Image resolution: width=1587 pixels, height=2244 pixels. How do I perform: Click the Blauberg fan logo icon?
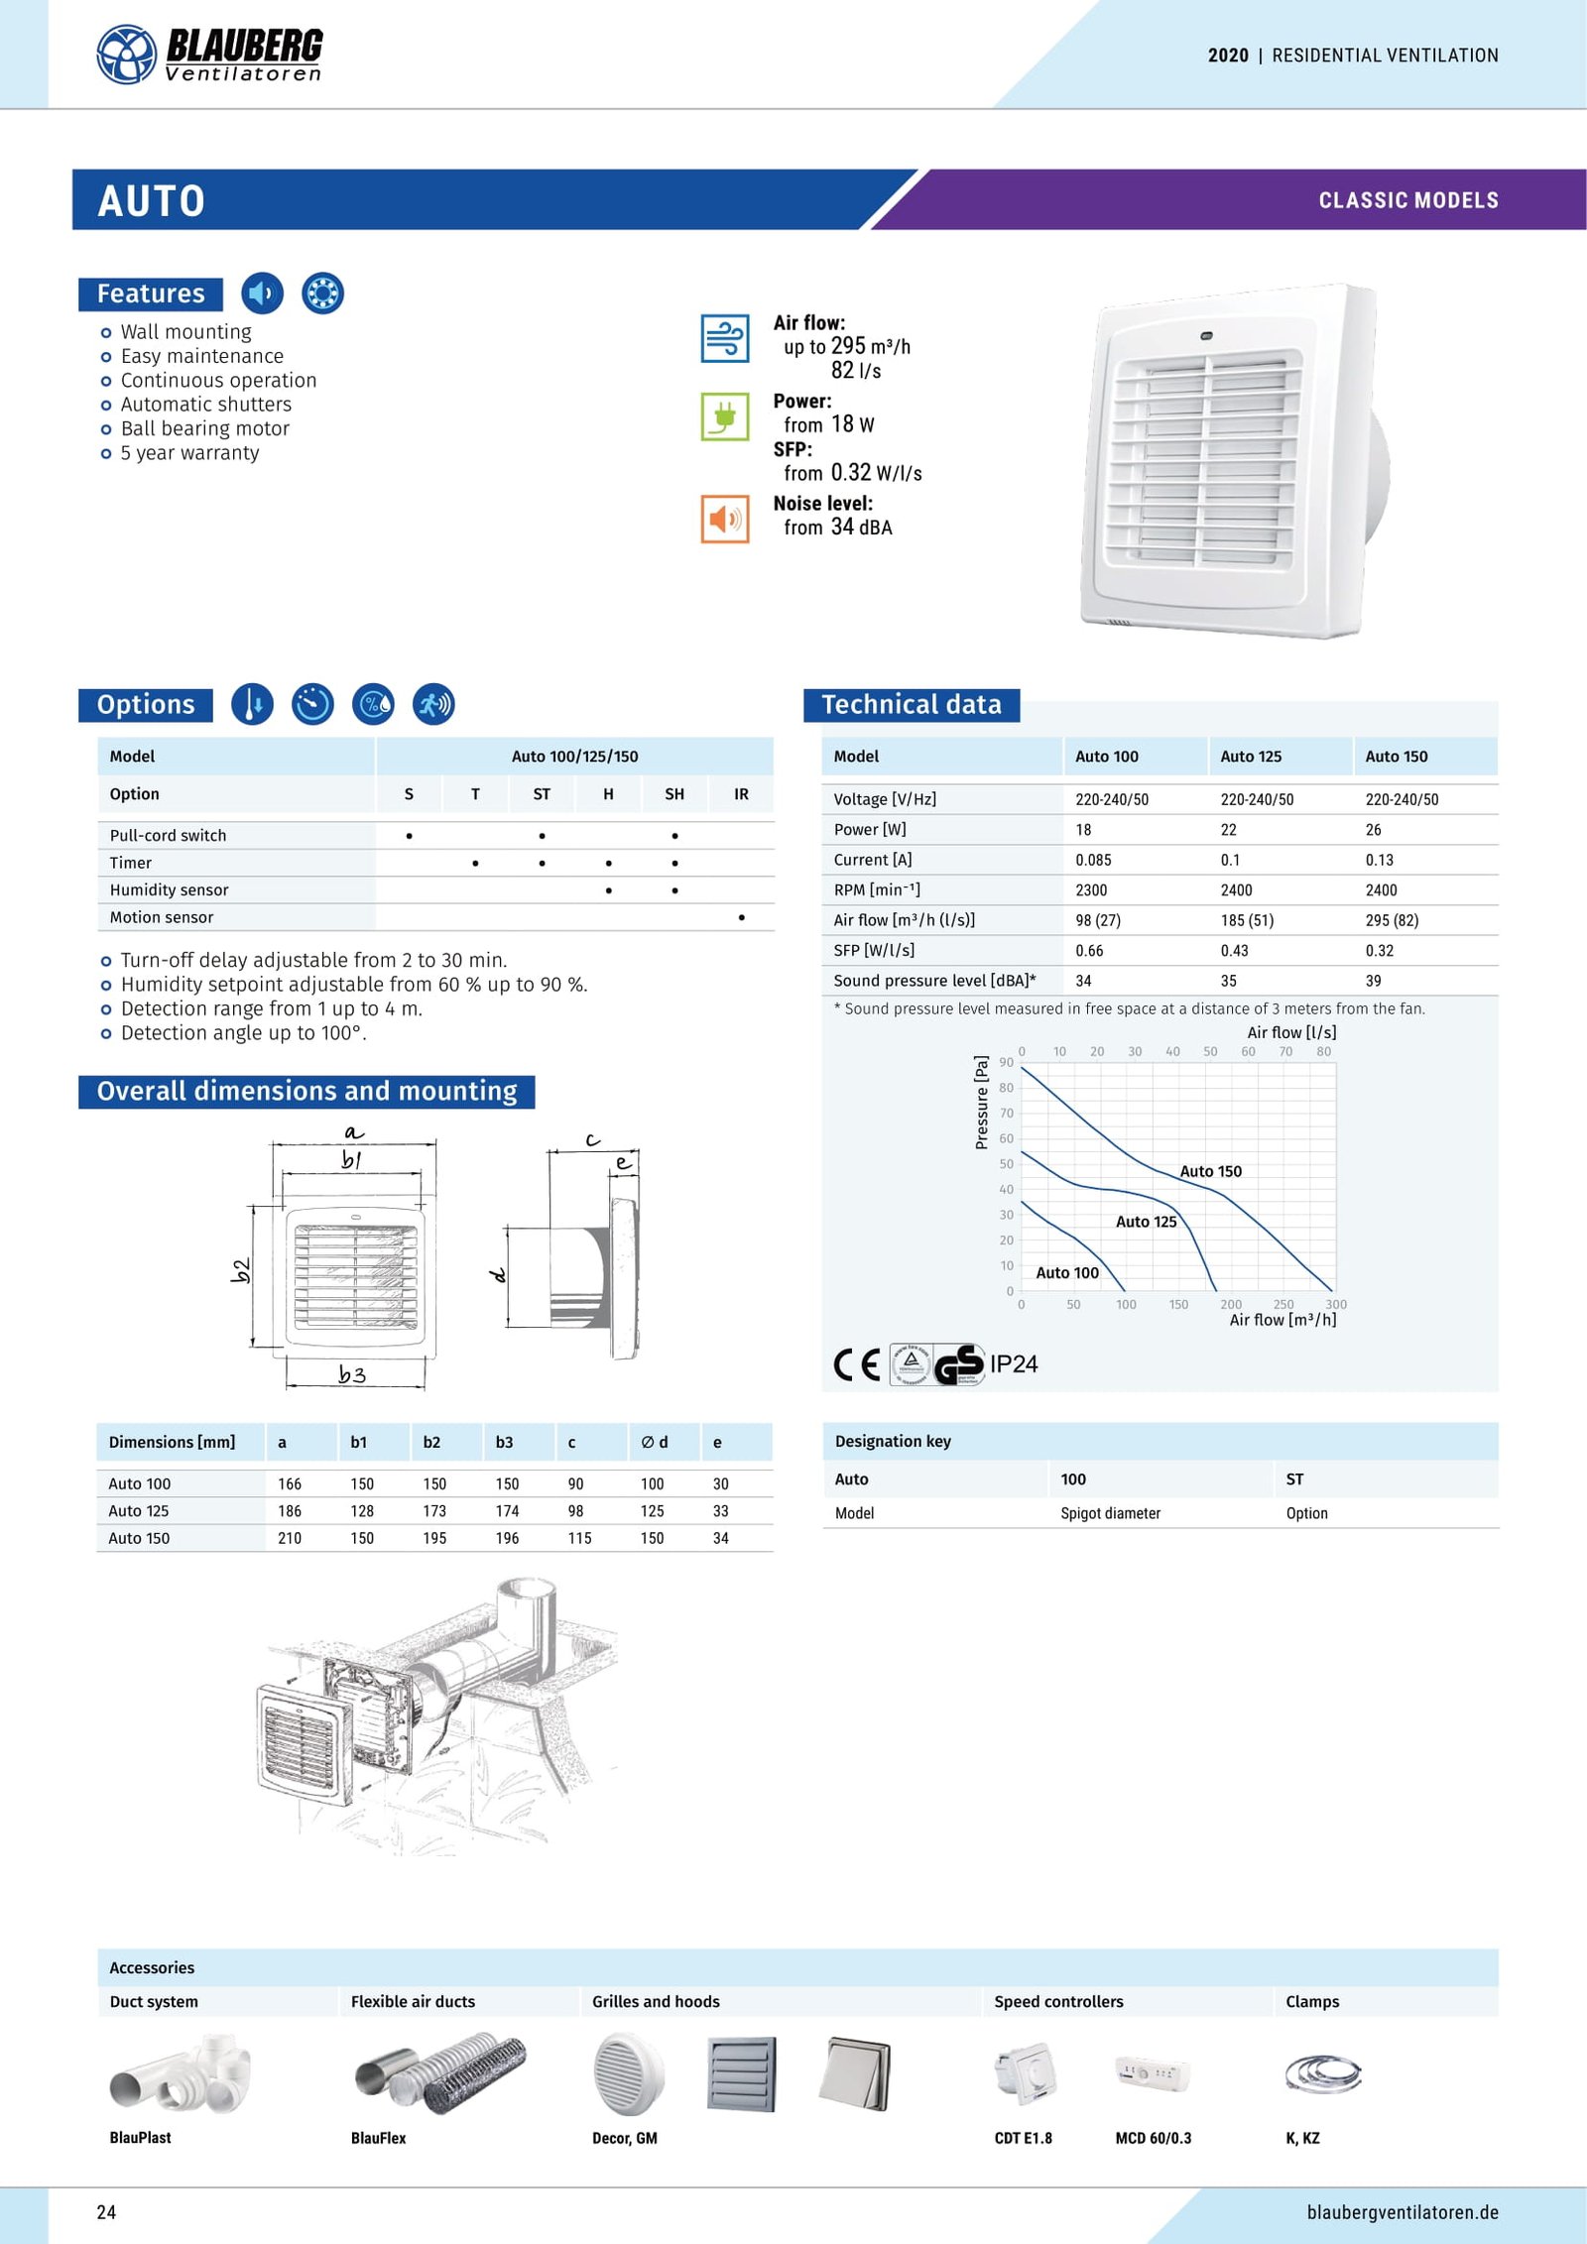pyautogui.click(x=126, y=54)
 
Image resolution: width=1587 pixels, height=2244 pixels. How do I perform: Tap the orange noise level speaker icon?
pyautogui.click(x=724, y=519)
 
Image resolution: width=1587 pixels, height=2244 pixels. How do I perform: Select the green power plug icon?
pyautogui.click(x=724, y=416)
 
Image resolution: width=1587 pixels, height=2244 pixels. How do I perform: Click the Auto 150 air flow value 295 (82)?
pyautogui.click(x=1391, y=920)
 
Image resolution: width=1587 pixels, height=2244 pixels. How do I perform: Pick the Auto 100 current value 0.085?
pyautogui.click(x=1093, y=860)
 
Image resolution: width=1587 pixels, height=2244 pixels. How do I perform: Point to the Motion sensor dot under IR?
pyautogui.click(x=741, y=918)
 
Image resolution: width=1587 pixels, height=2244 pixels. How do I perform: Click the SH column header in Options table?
pyautogui.click(x=674, y=794)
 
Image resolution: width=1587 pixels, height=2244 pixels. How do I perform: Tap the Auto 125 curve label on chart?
pyautogui.click(x=1146, y=1222)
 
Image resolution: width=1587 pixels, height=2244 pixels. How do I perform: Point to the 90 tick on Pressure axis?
pyautogui.click(x=1007, y=1062)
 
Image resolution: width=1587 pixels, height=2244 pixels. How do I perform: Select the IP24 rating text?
pyautogui.click(x=1013, y=1364)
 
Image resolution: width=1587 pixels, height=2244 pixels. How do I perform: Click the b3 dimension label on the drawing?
pyautogui.click(x=352, y=1374)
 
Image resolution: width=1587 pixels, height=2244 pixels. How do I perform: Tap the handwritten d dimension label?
pyautogui.click(x=499, y=1274)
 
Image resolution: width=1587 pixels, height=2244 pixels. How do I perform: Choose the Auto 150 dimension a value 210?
pyautogui.click(x=290, y=1538)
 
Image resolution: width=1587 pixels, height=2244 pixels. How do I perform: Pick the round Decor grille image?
pyautogui.click(x=628, y=2072)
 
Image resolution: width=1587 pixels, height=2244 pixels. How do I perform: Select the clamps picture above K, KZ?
pyautogui.click(x=1322, y=2073)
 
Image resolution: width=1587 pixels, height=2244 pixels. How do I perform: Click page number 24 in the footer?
pyautogui.click(x=106, y=2212)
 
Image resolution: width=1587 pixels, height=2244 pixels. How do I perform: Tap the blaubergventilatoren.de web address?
pyautogui.click(x=1402, y=2212)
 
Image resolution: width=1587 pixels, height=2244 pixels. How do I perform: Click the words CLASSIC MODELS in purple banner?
pyautogui.click(x=1407, y=200)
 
